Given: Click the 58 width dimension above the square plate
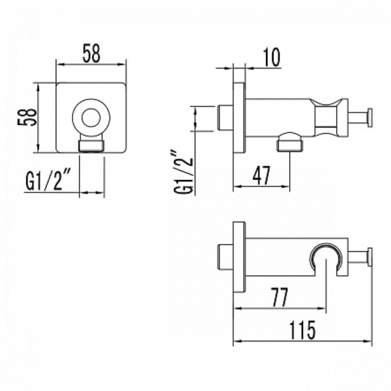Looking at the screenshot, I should pyautogui.click(x=91, y=55).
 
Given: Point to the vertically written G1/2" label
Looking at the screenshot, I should pyautogui.click(x=185, y=172).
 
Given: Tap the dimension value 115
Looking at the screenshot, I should pyautogui.click(x=302, y=330).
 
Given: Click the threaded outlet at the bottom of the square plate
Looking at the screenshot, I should pyautogui.click(x=91, y=144).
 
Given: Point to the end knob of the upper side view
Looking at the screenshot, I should pyautogui.click(x=370, y=117).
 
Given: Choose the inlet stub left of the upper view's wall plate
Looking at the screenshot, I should pyautogui.click(x=226, y=117).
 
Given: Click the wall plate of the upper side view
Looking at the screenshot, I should pyautogui.click(x=239, y=117).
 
